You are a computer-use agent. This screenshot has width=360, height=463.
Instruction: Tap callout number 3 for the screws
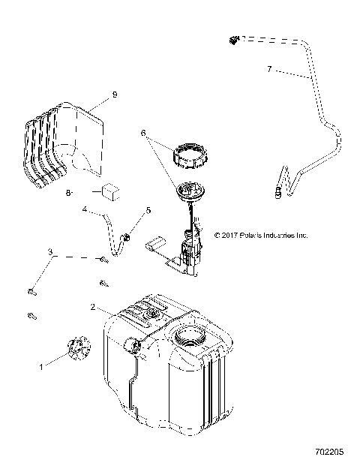pos(51,252)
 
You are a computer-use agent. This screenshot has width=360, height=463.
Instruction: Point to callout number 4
pos(85,210)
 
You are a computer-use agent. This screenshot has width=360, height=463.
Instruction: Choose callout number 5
pos(148,211)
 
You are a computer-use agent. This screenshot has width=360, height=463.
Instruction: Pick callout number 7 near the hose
pos(269,69)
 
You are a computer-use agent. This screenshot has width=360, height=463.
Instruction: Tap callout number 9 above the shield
pos(115,95)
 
